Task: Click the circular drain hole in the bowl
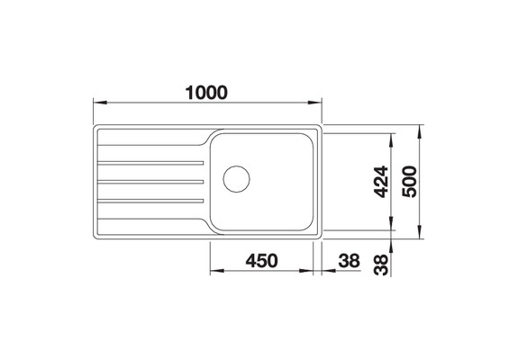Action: (236, 177)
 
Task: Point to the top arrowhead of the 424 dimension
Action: (392, 137)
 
